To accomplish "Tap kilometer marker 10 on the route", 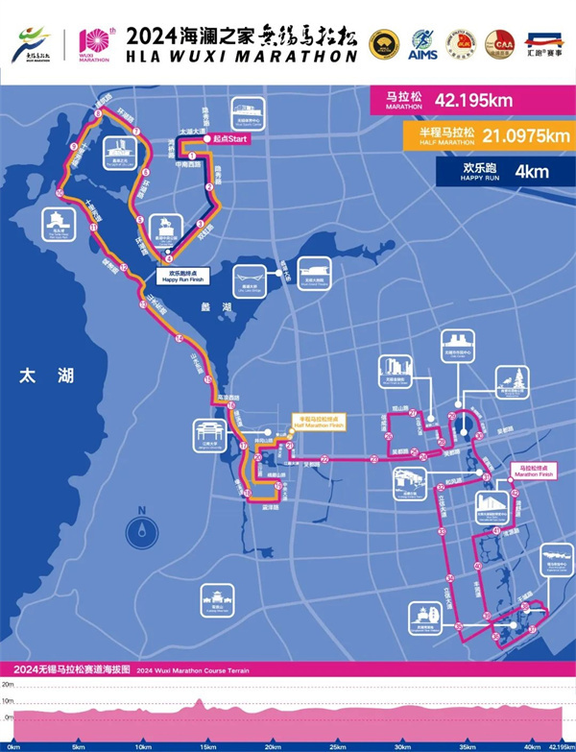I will (x=60, y=193).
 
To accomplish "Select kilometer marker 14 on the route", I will (x=179, y=339).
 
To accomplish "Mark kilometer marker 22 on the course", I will (x=324, y=460).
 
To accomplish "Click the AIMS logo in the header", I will (x=423, y=43).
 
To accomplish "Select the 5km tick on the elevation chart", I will (x=77, y=745).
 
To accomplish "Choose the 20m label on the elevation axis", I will (x=8, y=685).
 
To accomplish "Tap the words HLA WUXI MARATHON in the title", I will (x=241, y=56).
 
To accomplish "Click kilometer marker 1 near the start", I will (x=192, y=154).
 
